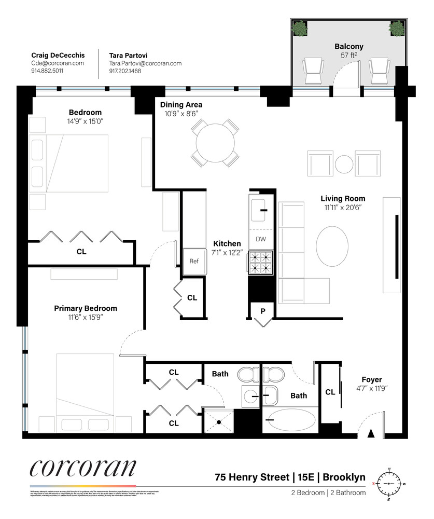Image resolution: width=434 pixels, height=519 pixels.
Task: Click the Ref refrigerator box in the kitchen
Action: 194,261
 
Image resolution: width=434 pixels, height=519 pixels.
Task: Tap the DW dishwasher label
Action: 261,239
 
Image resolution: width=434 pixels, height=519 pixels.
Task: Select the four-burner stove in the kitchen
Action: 261,262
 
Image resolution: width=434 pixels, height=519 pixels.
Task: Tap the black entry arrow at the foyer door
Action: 371,433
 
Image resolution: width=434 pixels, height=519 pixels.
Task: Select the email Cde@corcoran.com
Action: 57,63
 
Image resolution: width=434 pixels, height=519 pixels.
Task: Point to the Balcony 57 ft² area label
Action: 348,50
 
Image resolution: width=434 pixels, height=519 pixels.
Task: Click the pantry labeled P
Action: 263,311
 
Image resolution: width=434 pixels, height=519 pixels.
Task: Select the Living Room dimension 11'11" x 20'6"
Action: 343,207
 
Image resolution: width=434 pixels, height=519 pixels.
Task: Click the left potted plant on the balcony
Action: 300,29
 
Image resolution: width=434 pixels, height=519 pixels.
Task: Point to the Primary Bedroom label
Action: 86,308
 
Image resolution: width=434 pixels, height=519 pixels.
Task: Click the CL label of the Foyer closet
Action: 330,392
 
